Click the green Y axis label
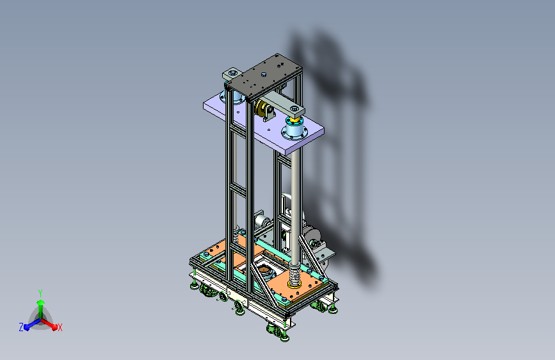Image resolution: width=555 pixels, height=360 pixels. (40, 293)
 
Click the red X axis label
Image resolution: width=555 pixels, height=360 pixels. (60, 328)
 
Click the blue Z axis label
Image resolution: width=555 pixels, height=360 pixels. (21, 327)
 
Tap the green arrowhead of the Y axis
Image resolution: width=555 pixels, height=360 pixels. (40, 302)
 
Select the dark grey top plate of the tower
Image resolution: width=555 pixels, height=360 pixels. (264, 76)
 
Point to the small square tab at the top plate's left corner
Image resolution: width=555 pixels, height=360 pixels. (232, 74)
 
